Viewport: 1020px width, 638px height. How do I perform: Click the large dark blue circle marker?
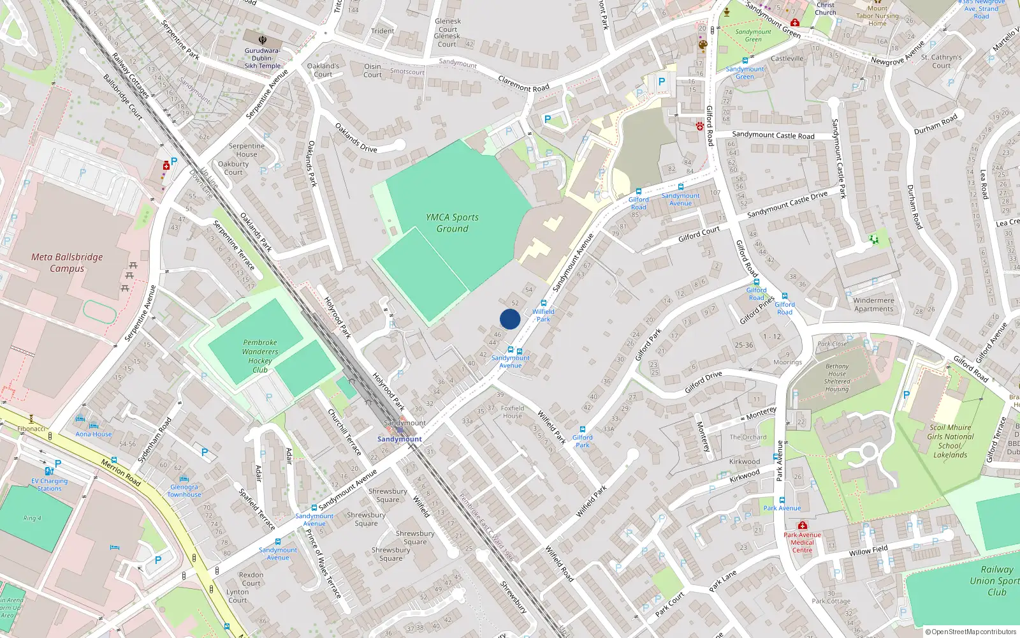click(x=510, y=319)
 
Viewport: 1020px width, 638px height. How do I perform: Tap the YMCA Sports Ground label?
click(x=452, y=223)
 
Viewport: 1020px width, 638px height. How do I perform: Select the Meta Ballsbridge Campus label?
click(x=67, y=262)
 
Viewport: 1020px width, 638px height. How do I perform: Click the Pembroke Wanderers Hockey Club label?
click(x=260, y=356)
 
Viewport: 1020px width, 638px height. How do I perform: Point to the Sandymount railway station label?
click(x=399, y=439)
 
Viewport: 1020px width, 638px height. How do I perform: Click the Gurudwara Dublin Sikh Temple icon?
click(x=263, y=40)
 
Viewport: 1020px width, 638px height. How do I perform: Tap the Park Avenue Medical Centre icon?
click(x=803, y=526)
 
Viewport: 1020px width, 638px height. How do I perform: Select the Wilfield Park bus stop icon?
click(x=544, y=304)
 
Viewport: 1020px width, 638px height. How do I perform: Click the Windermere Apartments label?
click(x=873, y=304)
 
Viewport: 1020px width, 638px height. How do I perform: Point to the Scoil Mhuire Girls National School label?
click(x=950, y=441)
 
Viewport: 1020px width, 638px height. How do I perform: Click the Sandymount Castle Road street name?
click(x=773, y=135)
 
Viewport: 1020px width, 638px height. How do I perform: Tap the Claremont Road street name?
click(x=523, y=84)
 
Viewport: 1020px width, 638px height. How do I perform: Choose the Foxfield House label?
click(x=513, y=412)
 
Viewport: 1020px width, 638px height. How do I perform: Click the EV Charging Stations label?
click(x=50, y=485)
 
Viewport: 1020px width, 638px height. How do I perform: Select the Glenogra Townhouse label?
click(x=184, y=491)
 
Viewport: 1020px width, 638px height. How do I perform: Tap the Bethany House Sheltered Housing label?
click(x=836, y=378)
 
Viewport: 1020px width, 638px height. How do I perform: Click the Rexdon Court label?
click(x=251, y=579)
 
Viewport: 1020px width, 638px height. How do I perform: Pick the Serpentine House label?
click(x=247, y=150)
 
